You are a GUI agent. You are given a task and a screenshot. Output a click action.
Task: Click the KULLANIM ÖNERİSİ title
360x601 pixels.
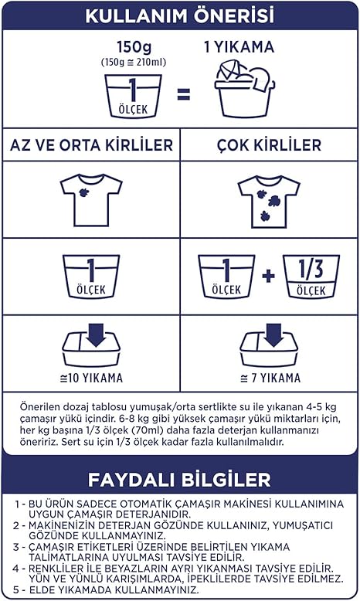[x=180, y=15]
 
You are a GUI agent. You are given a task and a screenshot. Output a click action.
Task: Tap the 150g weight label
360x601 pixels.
[x=134, y=47]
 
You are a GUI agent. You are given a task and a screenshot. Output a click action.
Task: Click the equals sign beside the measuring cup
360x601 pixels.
[x=184, y=94]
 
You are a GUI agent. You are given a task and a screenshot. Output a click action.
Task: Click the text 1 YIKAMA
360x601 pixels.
[x=239, y=47]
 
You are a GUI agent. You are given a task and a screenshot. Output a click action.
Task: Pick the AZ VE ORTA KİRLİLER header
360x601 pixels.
[x=91, y=145]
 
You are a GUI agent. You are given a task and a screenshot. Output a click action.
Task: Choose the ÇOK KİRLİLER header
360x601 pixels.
[x=269, y=145]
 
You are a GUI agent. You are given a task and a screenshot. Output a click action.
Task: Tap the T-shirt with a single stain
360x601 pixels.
[x=91, y=200]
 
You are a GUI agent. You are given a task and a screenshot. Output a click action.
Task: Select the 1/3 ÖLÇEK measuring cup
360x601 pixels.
[x=311, y=277]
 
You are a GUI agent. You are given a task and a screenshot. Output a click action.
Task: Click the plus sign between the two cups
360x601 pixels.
[x=268, y=276]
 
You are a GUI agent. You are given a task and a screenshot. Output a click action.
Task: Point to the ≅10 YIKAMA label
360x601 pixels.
[x=91, y=378]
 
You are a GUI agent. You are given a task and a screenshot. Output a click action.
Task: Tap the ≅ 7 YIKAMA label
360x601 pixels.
[x=270, y=378]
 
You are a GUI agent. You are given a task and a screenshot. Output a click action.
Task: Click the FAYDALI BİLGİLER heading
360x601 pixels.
[x=179, y=480]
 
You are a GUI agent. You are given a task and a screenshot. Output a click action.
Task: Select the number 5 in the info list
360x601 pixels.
[x=15, y=589]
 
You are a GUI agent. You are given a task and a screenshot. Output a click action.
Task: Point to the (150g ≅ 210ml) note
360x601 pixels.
[x=134, y=62]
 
